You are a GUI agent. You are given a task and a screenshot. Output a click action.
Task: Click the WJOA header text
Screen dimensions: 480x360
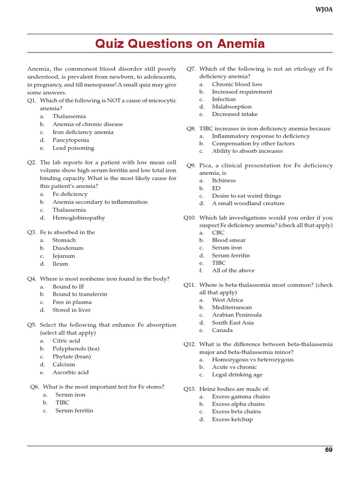pyautogui.click(x=323, y=9)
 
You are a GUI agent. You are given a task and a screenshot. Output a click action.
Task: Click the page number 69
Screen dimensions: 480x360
pyautogui.click(x=329, y=450)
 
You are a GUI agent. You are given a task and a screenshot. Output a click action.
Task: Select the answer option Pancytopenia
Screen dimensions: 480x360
pyautogui.click(x=70, y=140)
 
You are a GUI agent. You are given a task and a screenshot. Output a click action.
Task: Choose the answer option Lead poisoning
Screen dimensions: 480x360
pyautogui.click(x=73, y=148)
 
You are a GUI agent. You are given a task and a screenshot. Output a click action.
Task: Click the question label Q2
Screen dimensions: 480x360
pyautogui.click(x=31, y=163)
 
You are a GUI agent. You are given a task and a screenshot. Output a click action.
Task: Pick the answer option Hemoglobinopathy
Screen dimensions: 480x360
pyautogui.click(x=79, y=217)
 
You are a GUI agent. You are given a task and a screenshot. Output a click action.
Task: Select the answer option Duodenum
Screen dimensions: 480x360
pyautogui.click(x=68, y=248)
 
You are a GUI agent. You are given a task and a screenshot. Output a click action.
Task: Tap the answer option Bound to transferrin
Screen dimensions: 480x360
pyautogui.click(x=80, y=294)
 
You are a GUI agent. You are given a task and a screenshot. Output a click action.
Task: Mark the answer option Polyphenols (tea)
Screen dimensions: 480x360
pyautogui.click(x=76, y=348)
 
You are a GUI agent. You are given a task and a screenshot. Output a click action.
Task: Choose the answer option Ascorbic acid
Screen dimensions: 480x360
pyautogui.click(x=70, y=372)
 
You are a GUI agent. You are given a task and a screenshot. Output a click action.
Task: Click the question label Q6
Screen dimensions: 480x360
pyautogui.click(x=35, y=387)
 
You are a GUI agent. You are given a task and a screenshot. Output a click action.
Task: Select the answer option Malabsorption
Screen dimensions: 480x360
pyautogui.click(x=232, y=106)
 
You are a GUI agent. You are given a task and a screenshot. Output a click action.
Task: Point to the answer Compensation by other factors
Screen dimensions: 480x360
pyautogui.click(x=253, y=143)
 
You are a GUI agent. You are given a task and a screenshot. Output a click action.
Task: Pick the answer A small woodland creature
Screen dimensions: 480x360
pyautogui.click(x=248, y=203)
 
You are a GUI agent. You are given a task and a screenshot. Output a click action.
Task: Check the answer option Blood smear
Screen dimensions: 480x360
pyautogui.click(x=228, y=240)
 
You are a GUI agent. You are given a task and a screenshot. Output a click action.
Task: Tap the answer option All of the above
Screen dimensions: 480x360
pyautogui.click(x=233, y=270)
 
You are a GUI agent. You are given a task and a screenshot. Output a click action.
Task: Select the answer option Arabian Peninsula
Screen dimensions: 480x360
pyautogui.click(x=237, y=315)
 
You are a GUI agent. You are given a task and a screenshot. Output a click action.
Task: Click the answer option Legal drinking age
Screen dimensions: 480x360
pyautogui.click(x=237, y=375)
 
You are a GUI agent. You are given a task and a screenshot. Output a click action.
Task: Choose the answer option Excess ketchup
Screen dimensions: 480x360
pyautogui.click(x=232, y=420)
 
